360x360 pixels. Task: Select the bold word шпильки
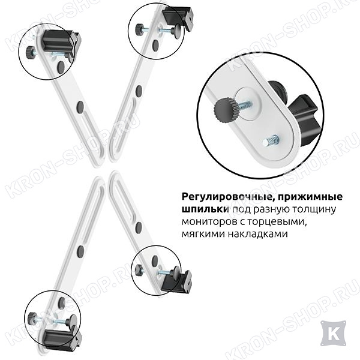click(205, 209)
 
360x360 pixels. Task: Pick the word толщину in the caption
click(311, 210)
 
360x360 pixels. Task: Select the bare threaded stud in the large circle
click(271, 141)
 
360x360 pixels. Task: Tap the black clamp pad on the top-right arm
click(179, 16)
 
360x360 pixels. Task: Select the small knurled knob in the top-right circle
click(139, 29)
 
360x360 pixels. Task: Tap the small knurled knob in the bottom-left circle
click(32, 318)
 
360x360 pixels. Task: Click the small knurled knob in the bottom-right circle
click(139, 269)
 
